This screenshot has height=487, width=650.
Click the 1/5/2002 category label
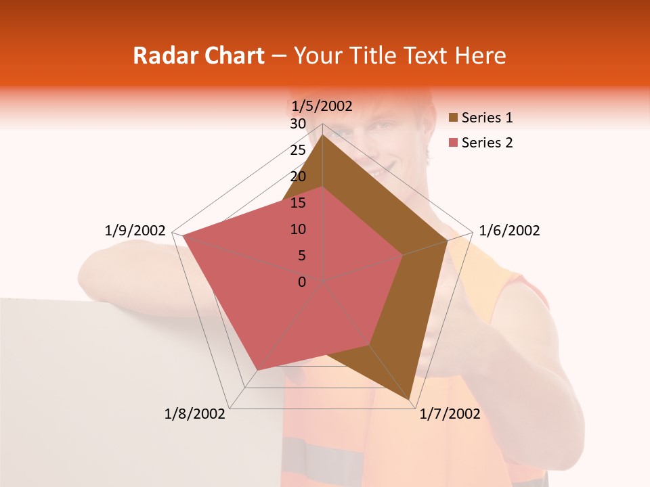point(322,106)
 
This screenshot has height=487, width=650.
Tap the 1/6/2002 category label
point(509,231)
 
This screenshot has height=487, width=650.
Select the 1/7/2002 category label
point(450,414)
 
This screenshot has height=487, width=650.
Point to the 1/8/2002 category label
point(195,414)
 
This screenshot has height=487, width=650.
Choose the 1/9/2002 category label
point(135,231)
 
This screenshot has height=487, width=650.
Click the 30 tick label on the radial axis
point(298,124)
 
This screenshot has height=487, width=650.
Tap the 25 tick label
point(298,150)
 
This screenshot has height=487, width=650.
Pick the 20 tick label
point(298,177)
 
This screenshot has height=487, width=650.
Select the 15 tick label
point(298,203)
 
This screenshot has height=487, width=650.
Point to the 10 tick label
point(298,229)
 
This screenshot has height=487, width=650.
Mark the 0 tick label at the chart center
point(302,282)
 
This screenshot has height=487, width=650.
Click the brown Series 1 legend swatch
point(453,118)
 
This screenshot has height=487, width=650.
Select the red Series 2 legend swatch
point(453,143)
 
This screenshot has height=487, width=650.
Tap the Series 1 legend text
point(487,118)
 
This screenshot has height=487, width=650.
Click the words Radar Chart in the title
point(198,55)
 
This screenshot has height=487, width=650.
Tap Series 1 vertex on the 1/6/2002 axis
point(447,240)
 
